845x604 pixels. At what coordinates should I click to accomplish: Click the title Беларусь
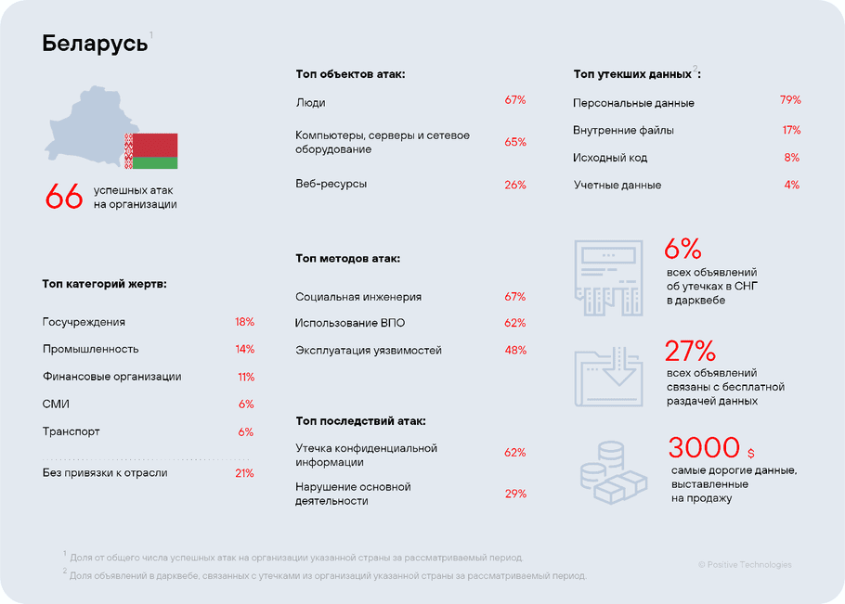click(x=95, y=44)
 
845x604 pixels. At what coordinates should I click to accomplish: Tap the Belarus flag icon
click(x=151, y=150)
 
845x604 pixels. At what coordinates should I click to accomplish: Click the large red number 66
click(x=64, y=197)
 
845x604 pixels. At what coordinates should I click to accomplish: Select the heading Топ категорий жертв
click(x=104, y=284)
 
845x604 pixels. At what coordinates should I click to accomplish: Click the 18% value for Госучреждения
click(x=244, y=322)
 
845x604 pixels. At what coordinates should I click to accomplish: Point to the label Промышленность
click(x=90, y=349)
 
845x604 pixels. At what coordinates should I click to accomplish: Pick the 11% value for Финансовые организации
click(x=245, y=377)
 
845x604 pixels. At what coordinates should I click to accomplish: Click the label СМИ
click(x=56, y=404)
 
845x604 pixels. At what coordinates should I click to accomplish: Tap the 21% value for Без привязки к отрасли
click(x=244, y=473)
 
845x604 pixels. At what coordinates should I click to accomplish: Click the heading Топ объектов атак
click(x=350, y=73)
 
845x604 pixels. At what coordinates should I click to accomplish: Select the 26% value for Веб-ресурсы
click(x=514, y=185)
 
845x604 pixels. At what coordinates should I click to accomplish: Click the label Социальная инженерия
click(x=358, y=297)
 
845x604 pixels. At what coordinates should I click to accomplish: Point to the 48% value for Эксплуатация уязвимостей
click(x=514, y=351)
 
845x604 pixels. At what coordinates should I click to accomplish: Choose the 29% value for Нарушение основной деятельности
click(x=514, y=494)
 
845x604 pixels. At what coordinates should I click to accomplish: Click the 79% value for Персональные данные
click(x=789, y=100)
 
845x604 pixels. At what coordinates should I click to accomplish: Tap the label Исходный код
click(x=610, y=158)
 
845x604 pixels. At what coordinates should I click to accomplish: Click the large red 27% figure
click(x=690, y=351)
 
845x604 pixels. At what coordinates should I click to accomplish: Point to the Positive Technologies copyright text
click(x=745, y=564)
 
